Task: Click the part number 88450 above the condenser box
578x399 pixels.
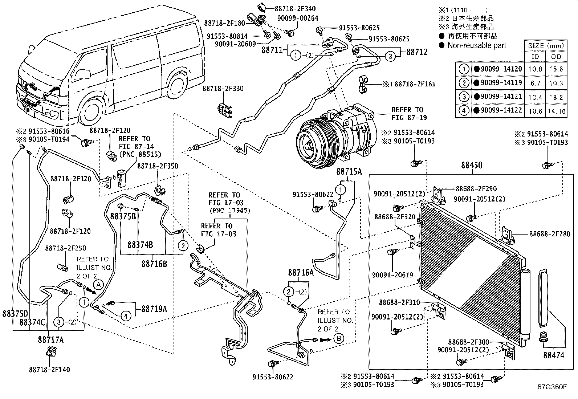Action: point(472,166)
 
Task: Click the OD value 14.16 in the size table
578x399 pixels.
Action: point(557,111)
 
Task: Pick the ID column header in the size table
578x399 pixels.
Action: point(535,57)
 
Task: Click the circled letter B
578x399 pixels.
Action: point(338,339)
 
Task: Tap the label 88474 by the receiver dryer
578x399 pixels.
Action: point(553,355)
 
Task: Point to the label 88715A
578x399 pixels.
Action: point(349,172)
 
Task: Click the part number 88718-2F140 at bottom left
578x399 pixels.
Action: point(49,370)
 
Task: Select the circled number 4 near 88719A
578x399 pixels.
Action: point(126,317)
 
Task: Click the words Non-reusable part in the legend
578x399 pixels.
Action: point(477,45)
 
